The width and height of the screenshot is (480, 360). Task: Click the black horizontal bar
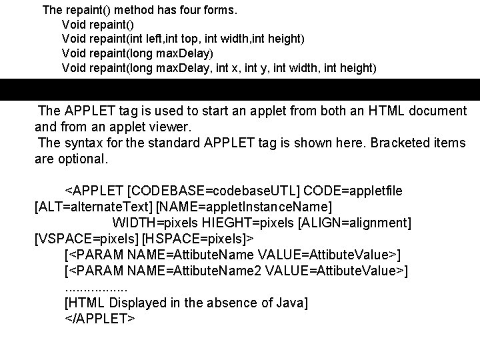240,89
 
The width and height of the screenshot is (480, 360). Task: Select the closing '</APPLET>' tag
99,319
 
